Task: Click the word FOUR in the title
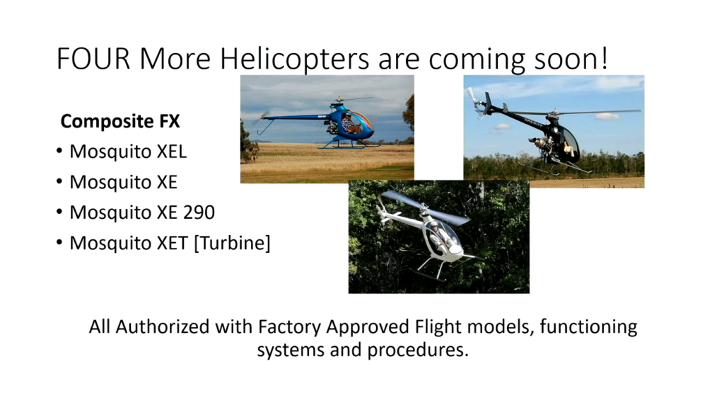93,59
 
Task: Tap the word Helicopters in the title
294,59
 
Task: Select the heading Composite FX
120,121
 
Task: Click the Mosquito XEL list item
128,152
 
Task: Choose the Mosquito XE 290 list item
141,212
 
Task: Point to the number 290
199,212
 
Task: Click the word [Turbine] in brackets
232,243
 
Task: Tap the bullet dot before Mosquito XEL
59,152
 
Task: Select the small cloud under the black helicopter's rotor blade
607,117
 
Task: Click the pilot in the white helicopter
436,233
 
